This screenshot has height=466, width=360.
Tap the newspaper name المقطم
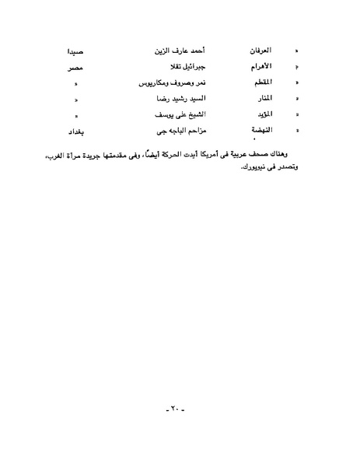point(259,83)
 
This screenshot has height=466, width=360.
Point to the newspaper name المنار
point(260,100)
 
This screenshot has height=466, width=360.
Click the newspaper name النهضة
point(260,132)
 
